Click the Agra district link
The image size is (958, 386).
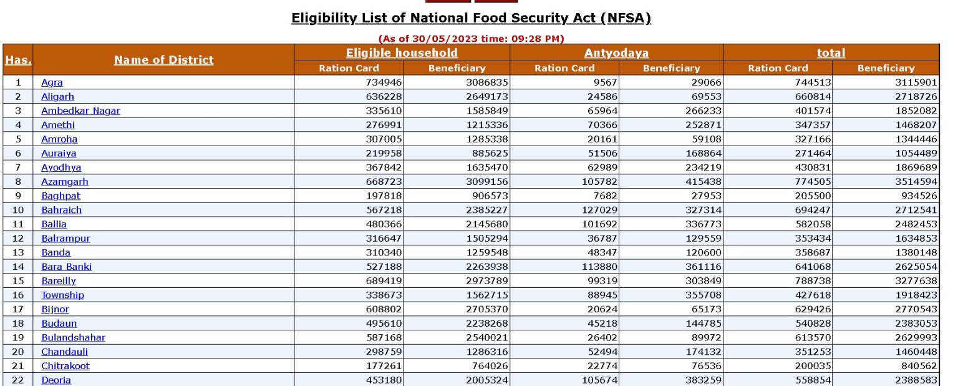click(x=52, y=82)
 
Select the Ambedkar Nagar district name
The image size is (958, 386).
click(x=80, y=111)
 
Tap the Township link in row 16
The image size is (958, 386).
click(x=62, y=295)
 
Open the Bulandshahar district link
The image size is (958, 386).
click(x=73, y=337)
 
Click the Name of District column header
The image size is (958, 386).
click(x=163, y=60)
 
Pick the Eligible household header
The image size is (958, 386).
click(x=402, y=53)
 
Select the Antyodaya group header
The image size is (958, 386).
click(x=616, y=53)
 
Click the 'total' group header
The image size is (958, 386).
click(x=831, y=53)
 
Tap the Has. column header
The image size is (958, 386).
click(x=18, y=60)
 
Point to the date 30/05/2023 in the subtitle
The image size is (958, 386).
click(x=453, y=39)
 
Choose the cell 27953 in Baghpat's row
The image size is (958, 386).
click(x=704, y=195)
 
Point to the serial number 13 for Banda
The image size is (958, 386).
click(x=18, y=252)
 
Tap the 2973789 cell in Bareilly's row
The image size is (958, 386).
click(x=488, y=280)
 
